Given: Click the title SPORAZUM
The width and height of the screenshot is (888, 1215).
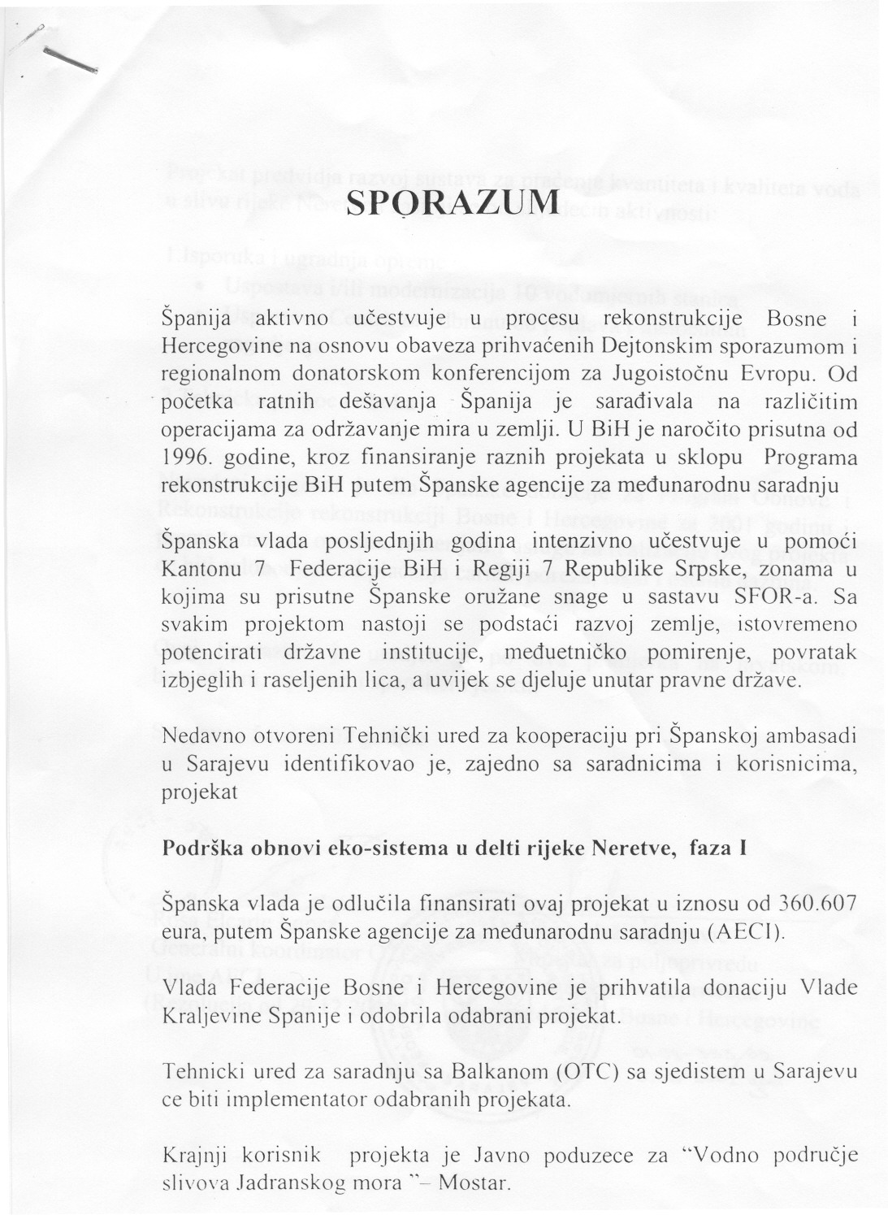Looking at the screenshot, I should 453,203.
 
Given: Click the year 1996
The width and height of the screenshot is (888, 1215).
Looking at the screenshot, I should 183,458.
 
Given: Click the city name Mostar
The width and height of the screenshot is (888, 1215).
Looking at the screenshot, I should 474,1182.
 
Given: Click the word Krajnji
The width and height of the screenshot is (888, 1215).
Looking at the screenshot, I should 189,1155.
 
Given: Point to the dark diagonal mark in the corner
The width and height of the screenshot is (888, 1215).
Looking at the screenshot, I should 71,61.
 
